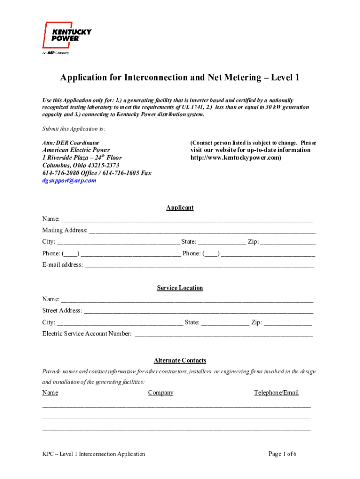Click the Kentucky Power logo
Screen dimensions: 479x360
[x=66, y=37]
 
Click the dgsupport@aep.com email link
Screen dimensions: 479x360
[x=69, y=180]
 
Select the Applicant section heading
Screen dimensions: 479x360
[x=180, y=208]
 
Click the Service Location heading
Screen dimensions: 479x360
[x=180, y=288]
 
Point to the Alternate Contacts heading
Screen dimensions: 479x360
[x=180, y=360]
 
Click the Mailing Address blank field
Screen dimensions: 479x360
[x=202, y=231]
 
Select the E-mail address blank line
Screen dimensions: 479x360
[x=199, y=265]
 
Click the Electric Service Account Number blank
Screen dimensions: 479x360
[x=223, y=334]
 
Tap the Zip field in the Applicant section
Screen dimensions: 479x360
[x=288, y=242]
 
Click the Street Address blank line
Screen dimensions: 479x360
[x=198, y=311]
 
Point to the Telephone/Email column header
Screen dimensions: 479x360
[x=276, y=392]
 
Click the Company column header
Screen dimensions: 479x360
[x=161, y=392]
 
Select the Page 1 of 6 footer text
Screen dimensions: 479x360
[x=283, y=454]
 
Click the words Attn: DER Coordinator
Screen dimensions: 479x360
[x=71, y=143]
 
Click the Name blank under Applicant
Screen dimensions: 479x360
[x=187, y=219]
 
